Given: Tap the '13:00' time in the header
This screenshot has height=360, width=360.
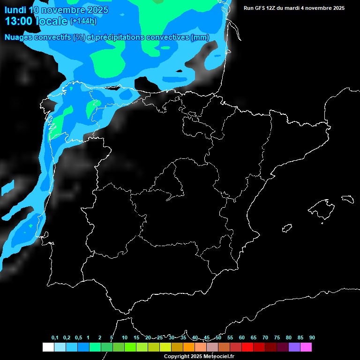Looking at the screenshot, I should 18,21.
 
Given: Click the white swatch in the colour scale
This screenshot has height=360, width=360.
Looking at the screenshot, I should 48,347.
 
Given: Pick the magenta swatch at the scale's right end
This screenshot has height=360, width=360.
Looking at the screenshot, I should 306,347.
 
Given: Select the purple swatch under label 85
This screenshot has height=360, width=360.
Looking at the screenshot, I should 294,347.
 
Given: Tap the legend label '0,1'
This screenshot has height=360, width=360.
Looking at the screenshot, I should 55,338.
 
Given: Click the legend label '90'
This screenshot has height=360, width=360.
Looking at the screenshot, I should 312,338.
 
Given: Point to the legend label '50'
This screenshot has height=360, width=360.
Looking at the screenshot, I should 218,338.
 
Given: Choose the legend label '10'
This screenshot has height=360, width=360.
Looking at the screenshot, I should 125,338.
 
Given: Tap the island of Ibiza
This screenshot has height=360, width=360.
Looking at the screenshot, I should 287,228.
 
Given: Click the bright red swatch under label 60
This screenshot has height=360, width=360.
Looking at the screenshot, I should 247,347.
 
